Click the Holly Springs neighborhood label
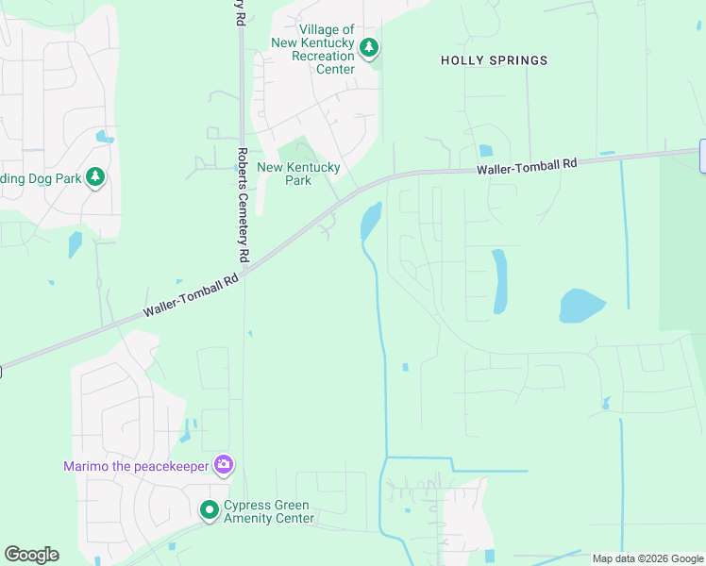click(x=494, y=60)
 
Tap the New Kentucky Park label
click(x=298, y=174)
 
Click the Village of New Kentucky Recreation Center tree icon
click(x=369, y=46)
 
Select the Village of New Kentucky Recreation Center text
click(x=312, y=50)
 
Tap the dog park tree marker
click(x=94, y=176)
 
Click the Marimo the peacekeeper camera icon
click(x=224, y=463)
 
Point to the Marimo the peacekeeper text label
click(x=136, y=465)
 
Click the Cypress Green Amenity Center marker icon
click(x=209, y=510)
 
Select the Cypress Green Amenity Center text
click(x=268, y=511)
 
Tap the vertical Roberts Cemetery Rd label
click(x=243, y=205)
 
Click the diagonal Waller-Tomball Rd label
click(x=192, y=295)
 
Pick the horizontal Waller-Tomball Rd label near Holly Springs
click(x=527, y=164)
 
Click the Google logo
click(x=31, y=555)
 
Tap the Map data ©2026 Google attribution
click(x=648, y=558)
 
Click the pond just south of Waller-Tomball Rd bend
click(x=370, y=222)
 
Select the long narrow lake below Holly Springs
click(x=499, y=281)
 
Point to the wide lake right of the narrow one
click(x=581, y=306)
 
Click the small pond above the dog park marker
click(x=104, y=138)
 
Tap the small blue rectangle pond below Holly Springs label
click(x=485, y=150)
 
